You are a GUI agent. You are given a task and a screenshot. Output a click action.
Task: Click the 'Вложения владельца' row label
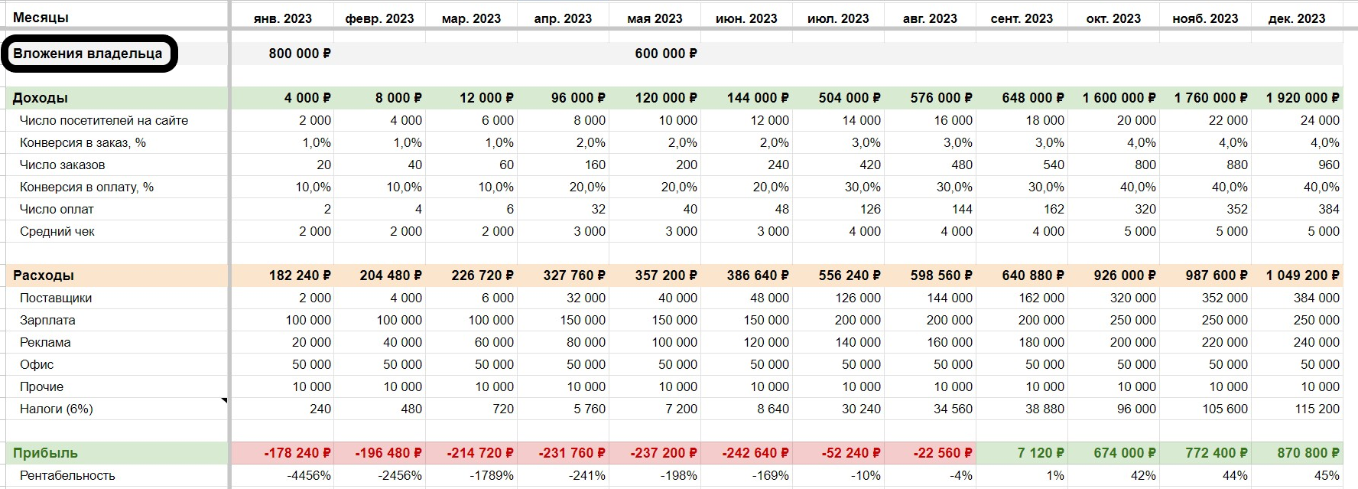(x=87, y=54)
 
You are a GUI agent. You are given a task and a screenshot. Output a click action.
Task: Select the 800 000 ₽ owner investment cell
(x=300, y=54)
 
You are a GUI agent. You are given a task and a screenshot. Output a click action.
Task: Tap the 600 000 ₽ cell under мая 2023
(x=665, y=54)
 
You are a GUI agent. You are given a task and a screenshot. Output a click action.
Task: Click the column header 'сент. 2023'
(x=1022, y=18)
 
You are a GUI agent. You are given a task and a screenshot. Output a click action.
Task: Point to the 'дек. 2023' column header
(x=1297, y=18)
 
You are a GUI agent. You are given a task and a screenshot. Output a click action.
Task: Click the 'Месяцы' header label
(x=41, y=18)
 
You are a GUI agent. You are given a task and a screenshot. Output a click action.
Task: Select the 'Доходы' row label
(x=41, y=98)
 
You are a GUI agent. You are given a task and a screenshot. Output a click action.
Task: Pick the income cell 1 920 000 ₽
(x=1302, y=98)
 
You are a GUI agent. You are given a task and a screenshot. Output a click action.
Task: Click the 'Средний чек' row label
(x=57, y=231)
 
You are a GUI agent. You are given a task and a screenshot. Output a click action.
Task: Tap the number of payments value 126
(x=869, y=209)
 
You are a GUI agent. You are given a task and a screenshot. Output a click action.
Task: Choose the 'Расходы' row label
(x=44, y=275)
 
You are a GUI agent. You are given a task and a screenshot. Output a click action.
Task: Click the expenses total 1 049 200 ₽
(x=1302, y=275)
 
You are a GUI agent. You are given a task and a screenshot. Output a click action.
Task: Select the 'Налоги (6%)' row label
(x=57, y=409)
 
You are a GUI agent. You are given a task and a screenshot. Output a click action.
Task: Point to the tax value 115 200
(x=1317, y=409)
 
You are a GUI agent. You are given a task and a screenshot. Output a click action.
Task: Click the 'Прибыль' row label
(x=45, y=453)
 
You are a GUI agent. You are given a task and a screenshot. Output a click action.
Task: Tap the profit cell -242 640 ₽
(x=755, y=453)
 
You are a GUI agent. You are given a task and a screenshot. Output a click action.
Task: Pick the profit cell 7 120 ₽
(x=1040, y=453)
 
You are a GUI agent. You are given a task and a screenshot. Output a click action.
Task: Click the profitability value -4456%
(x=309, y=475)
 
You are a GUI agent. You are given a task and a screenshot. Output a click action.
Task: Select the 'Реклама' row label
(x=45, y=342)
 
